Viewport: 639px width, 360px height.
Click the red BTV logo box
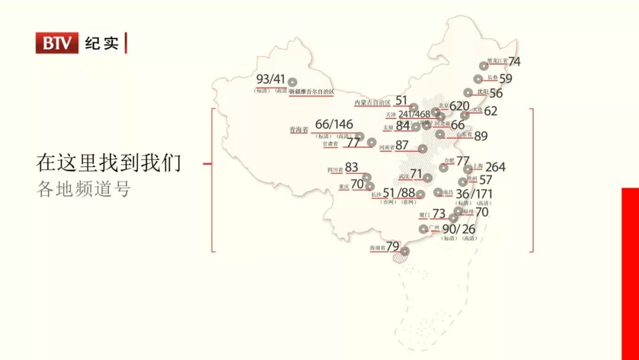click(x=57, y=43)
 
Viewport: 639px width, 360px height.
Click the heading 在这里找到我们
click(x=108, y=163)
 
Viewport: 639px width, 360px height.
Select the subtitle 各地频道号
click(x=83, y=189)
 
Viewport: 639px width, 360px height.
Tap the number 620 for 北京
click(x=459, y=106)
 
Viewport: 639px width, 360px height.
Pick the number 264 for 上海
click(x=495, y=167)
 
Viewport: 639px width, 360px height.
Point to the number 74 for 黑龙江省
click(x=514, y=62)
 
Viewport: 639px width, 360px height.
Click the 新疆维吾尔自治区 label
click(x=312, y=92)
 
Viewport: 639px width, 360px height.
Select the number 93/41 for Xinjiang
click(x=271, y=79)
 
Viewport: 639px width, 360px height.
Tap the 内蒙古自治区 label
click(x=372, y=102)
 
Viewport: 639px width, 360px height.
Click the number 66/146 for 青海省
click(x=334, y=124)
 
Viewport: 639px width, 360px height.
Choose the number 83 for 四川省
click(x=351, y=168)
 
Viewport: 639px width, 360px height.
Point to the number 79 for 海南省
click(x=393, y=246)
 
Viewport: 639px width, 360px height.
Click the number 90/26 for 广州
click(x=459, y=229)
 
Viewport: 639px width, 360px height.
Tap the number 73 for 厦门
click(x=438, y=214)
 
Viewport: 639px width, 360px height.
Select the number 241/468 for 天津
click(x=414, y=114)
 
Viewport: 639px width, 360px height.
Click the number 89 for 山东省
click(x=480, y=136)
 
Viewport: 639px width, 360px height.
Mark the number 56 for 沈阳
click(x=496, y=94)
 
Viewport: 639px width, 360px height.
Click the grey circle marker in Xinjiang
click(x=292, y=82)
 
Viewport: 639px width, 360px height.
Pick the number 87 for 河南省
click(x=402, y=145)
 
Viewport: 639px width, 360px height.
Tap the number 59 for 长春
click(x=505, y=78)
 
